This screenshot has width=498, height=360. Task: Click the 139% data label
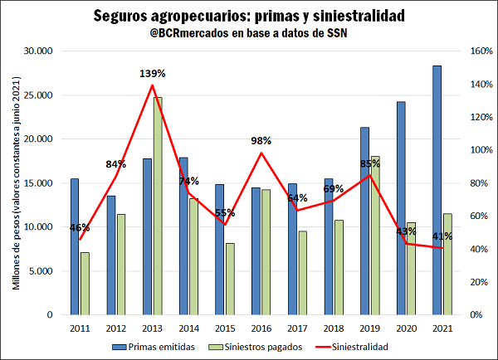152,74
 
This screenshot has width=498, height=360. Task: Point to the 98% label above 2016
261,140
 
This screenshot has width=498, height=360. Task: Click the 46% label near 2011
80,227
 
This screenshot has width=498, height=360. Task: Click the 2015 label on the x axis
225,328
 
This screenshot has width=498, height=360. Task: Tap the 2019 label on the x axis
369,328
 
